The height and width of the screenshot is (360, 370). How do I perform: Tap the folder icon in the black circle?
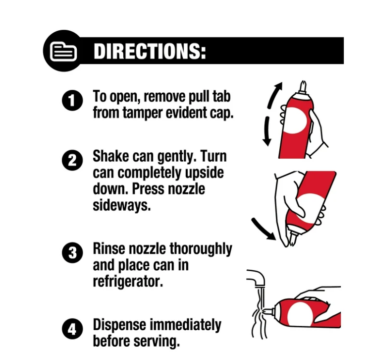coord(63,51)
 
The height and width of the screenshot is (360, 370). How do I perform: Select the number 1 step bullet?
coord(72,100)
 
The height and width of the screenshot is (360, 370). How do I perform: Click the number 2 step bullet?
coord(72,160)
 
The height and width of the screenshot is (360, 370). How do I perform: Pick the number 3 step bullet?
coord(72,252)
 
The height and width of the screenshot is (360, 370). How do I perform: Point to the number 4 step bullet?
coord(72,329)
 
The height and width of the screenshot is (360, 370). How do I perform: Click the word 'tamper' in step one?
coord(143,113)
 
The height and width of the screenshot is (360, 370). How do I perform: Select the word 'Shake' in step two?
coord(110,156)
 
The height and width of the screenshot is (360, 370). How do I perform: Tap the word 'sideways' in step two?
coord(121,205)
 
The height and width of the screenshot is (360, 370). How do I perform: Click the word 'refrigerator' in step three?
coord(128,281)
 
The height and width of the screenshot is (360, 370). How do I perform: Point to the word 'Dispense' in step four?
coord(119,325)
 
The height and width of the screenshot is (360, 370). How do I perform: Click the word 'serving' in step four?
coord(156,341)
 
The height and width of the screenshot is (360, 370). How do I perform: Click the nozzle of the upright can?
coord(303,87)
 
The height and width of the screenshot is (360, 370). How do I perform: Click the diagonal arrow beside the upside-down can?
coord(263,229)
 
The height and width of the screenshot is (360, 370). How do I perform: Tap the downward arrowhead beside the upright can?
coord(267,142)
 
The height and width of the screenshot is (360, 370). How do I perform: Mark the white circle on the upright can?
coord(295,120)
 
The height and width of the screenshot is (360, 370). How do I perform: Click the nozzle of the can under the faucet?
coord(269,312)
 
